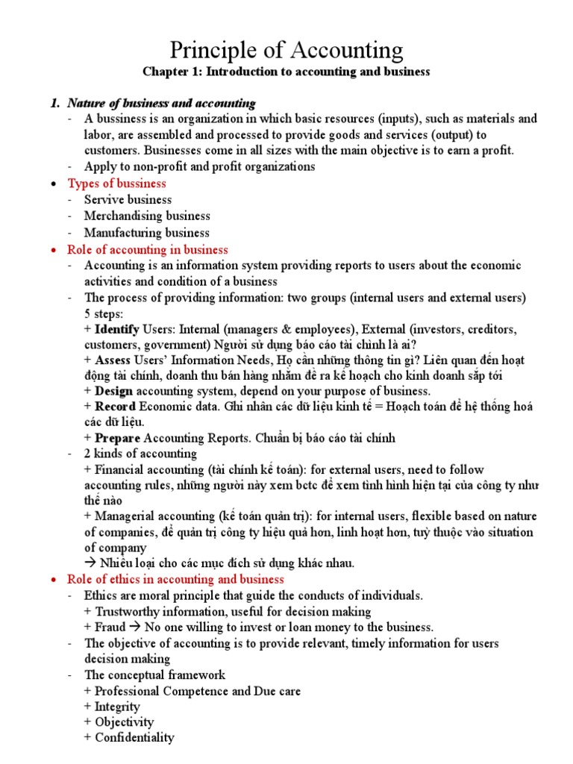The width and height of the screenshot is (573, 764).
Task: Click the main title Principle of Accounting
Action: pyautogui.click(x=286, y=50)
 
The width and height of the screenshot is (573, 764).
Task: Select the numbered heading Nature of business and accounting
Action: pyautogui.click(x=161, y=103)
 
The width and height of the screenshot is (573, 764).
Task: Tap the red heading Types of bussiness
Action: pyautogui.click(x=117, y=184)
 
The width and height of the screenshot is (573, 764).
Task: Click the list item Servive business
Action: pyautogui.click(x=128, y=200)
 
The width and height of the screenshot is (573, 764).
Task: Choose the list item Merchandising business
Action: pyautogui.click(x=147, y=216)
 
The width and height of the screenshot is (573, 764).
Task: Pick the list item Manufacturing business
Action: pyautogui.click(x=147, y=233)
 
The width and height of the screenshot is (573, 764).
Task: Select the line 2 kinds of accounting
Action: pyautogui.click(x=140, y=454)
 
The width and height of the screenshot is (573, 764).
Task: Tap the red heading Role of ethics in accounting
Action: pyautogui.click(x=175, y=579)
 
